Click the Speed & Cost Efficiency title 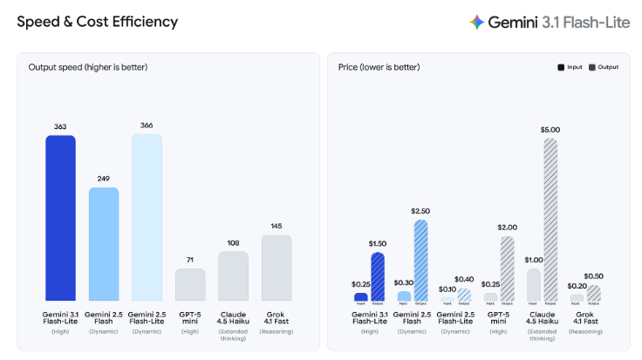(97, 21)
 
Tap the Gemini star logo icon (476, 22)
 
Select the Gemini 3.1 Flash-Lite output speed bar (60, 218)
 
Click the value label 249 (104, 179)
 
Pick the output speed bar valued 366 (147, 217)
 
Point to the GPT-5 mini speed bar (190, 285)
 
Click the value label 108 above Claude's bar (233, 243)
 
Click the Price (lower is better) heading (379, 67)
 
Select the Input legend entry (571, 67)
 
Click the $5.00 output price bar (550, 220)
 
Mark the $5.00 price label (550, 130)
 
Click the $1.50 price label (378, 244)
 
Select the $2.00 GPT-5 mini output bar (507, 269)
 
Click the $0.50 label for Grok (593, 277)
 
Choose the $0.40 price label (464, 280)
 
